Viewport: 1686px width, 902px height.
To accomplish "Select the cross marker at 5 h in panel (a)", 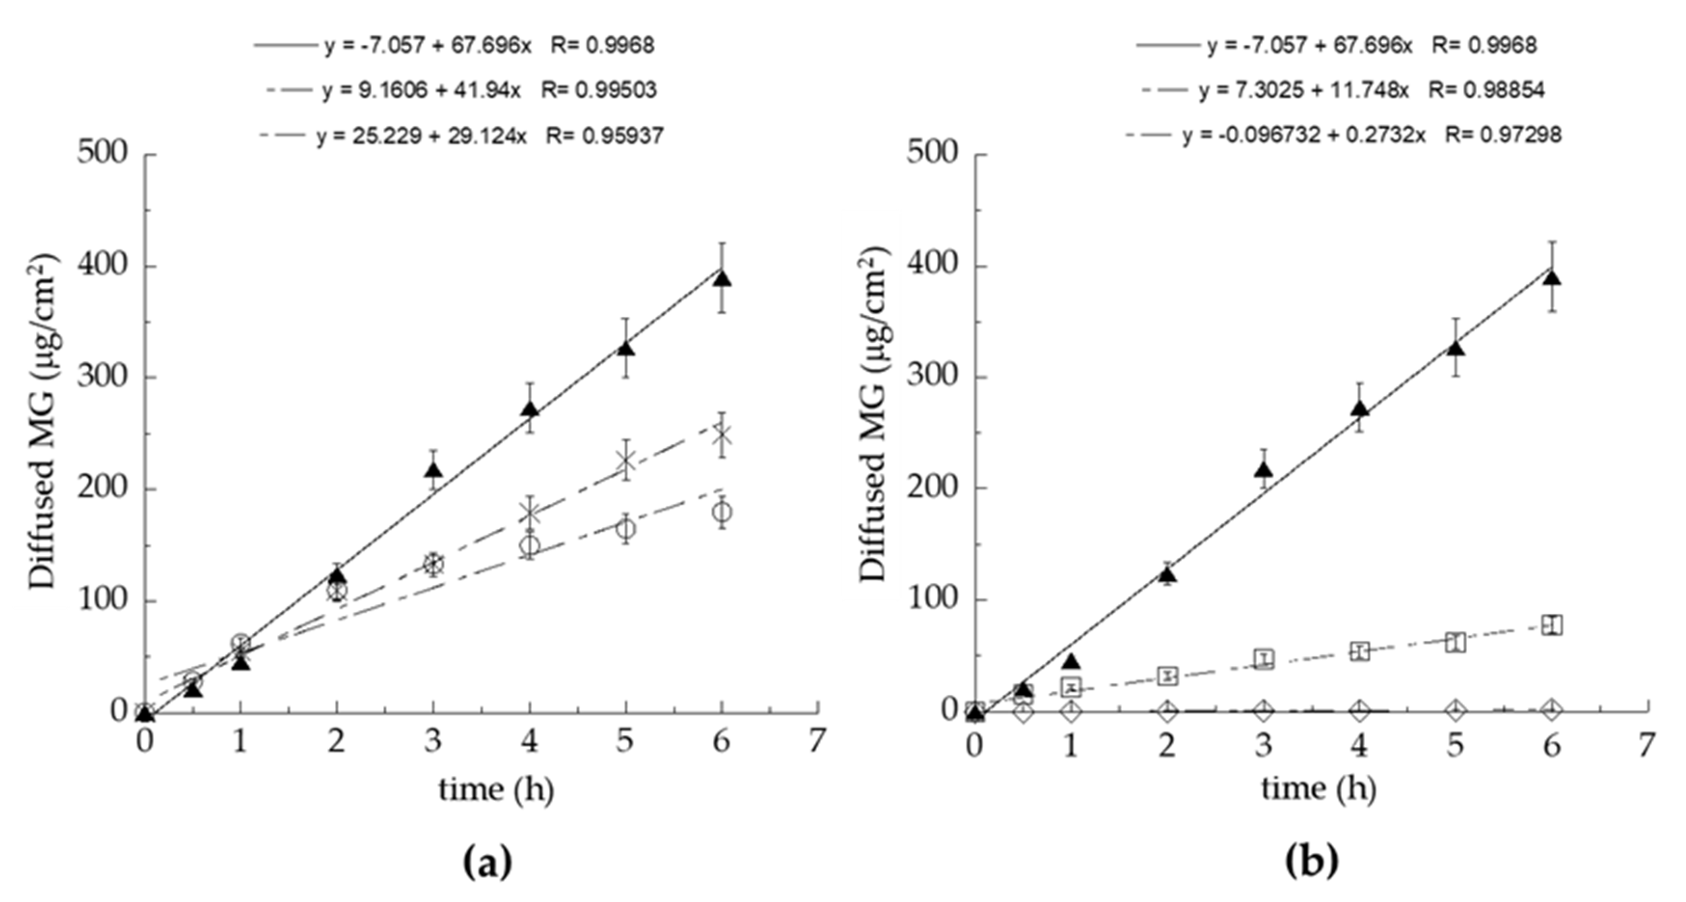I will [x=626, y=461].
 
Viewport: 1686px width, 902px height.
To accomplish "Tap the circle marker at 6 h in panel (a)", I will [x=721, y=512].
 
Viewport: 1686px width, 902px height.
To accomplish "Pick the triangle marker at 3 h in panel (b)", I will [x=1264, y=470].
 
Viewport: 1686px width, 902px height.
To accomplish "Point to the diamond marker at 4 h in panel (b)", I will [x=1360, y=710].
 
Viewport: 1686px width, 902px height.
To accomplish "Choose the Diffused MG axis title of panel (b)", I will [x=873, y=414].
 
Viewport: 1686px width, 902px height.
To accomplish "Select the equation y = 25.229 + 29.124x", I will [x=421, y=135].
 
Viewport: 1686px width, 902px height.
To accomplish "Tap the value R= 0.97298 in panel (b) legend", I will [x=1503, y=135].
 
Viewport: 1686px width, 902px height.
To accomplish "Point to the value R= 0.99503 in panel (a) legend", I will [x=599, y=90].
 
